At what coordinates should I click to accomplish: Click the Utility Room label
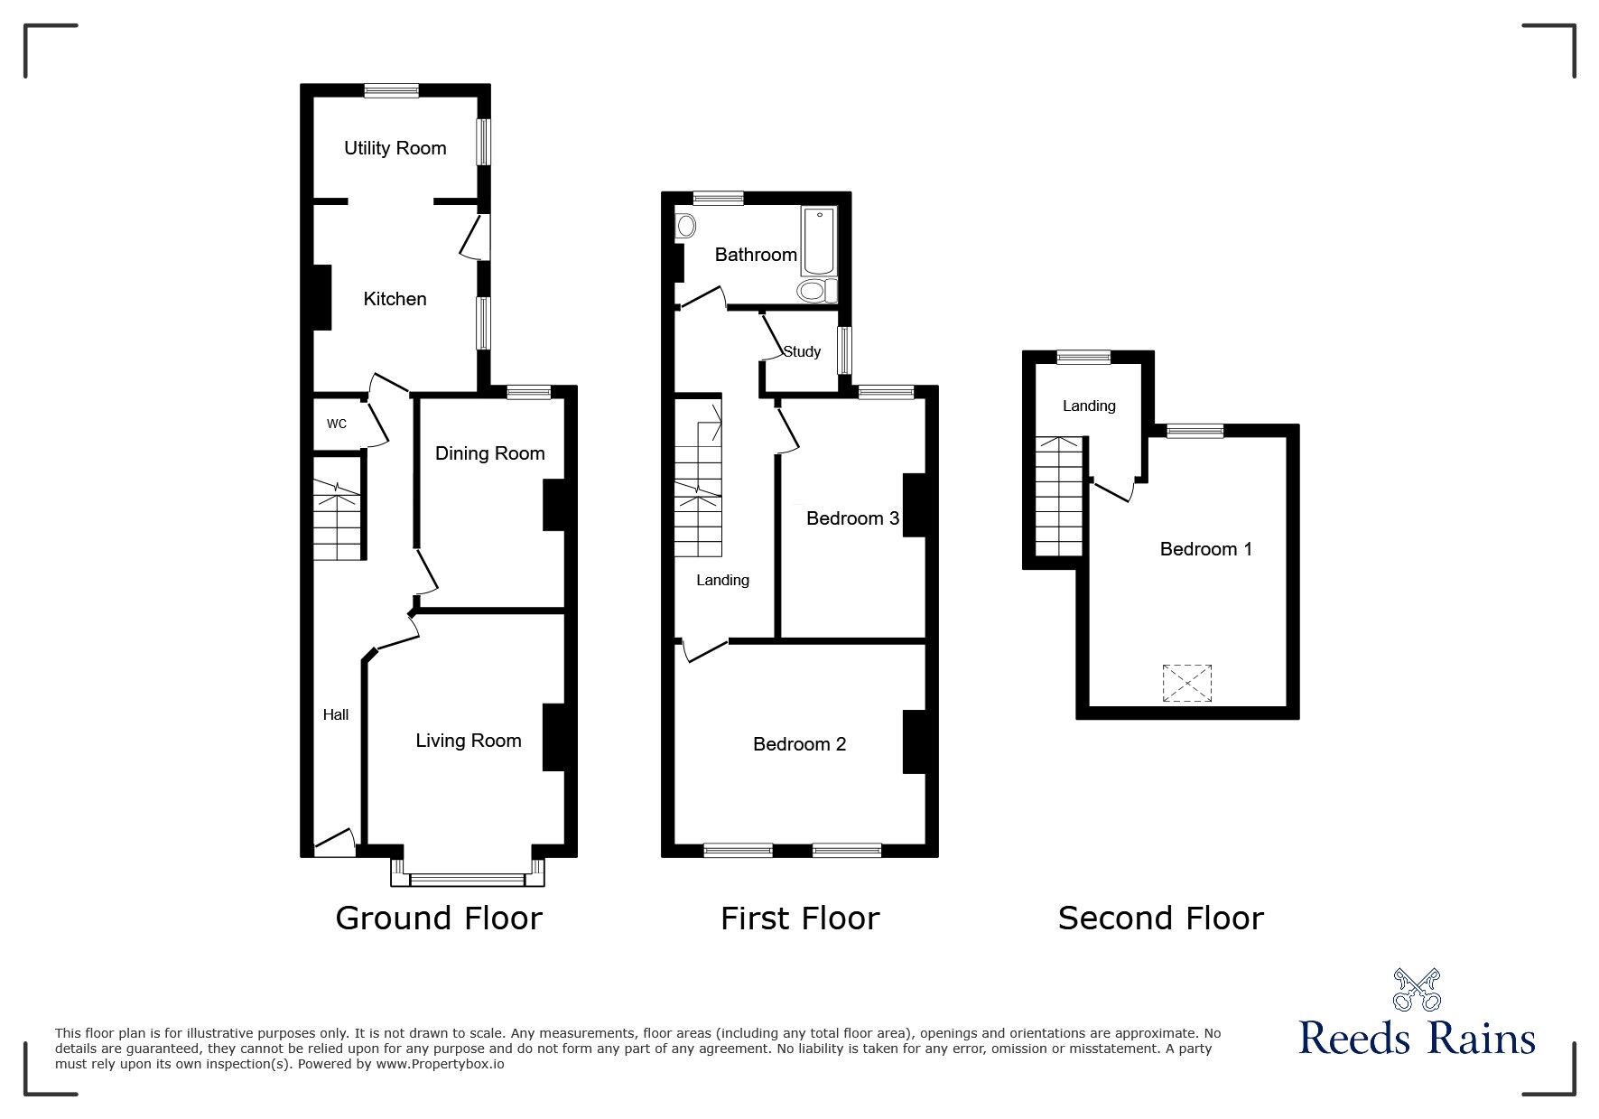395,148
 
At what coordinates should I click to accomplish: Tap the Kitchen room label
395,299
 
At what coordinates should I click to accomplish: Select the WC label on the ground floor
337,424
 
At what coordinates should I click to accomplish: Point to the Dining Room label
490,453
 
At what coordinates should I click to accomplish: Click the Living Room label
469,741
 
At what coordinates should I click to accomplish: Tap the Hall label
336,714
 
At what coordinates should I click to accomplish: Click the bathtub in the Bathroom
819,241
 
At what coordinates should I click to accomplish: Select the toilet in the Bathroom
818,291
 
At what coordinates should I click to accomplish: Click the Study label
802,351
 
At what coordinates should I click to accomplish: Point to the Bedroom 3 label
852,518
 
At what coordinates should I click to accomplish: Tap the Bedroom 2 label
800,744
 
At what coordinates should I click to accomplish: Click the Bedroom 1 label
1206,549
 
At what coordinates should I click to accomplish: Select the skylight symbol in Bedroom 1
1187,683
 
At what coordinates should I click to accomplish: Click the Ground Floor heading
439,918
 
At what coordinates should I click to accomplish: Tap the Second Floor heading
1160,918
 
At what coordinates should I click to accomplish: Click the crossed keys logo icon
1418,990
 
